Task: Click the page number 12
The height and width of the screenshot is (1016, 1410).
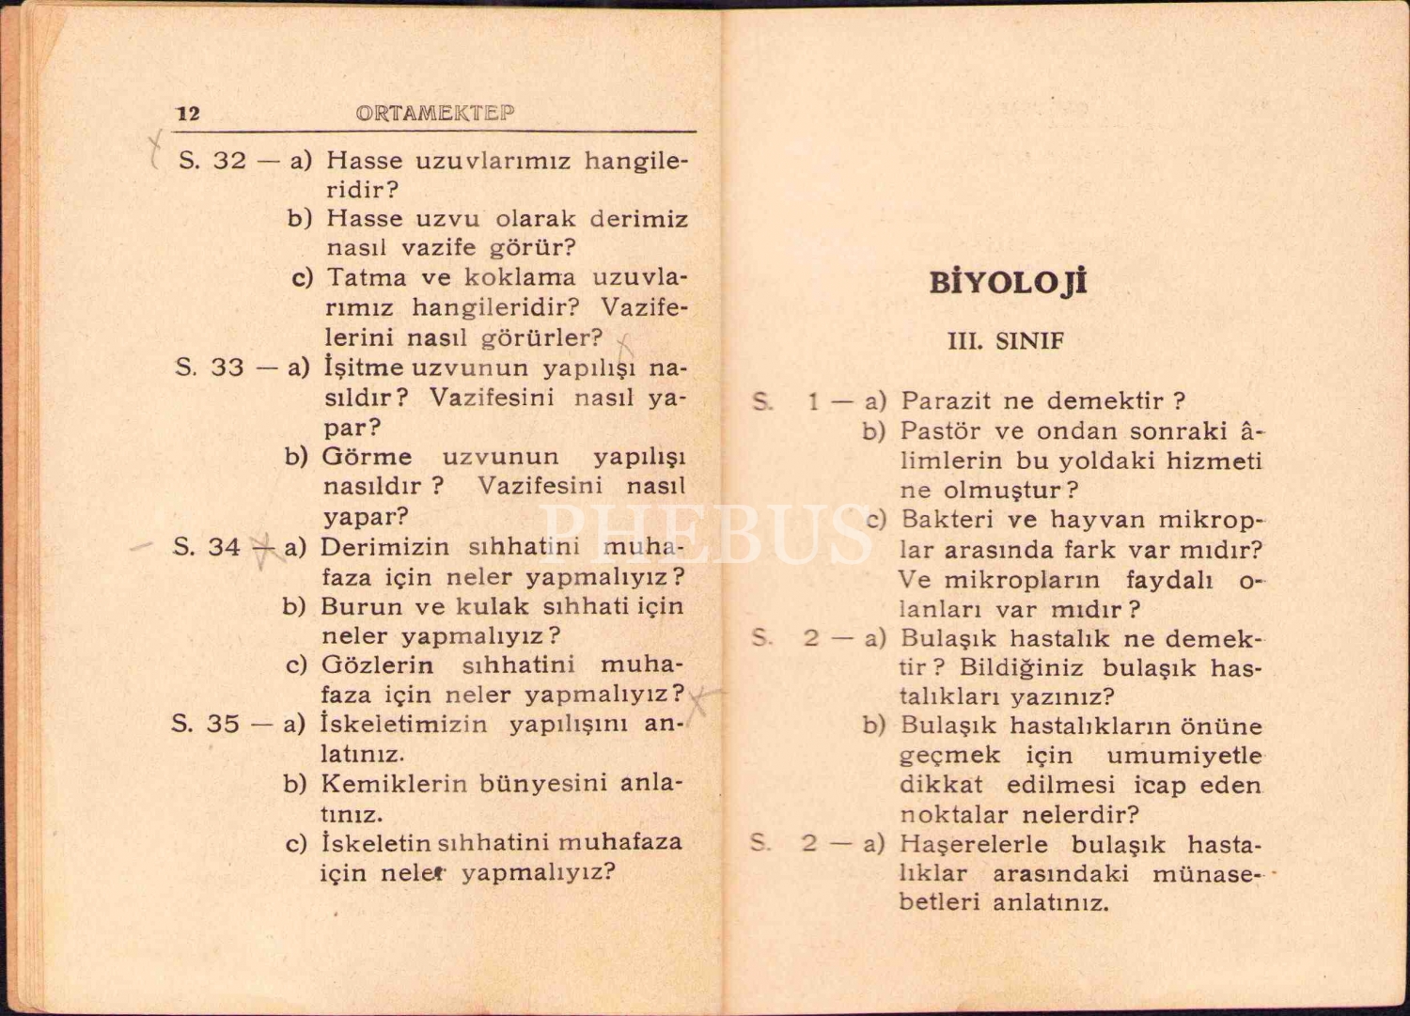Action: (188, 114)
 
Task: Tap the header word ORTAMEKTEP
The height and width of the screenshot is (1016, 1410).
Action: (435, 114)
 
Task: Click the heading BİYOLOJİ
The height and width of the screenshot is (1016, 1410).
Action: (1008, 283)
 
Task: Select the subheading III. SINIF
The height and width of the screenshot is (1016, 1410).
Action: (1006, 341)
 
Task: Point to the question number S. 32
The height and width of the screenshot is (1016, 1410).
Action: (212, 161)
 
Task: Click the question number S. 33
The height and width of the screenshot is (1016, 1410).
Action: (211, 367)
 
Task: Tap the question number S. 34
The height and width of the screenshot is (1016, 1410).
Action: (208, 547)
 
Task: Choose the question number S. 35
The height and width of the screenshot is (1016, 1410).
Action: (206, 724)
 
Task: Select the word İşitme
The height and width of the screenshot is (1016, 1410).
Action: (364, 367)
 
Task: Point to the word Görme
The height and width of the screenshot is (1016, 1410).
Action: (367, 457)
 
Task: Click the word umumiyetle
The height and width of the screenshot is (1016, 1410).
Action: (1183, 756)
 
